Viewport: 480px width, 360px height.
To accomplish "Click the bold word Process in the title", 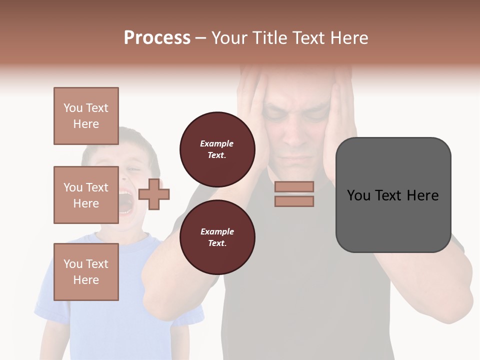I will [157, 37].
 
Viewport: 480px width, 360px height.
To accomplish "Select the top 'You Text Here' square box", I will [86, 116].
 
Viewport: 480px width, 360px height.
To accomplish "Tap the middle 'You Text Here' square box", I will [86, 195].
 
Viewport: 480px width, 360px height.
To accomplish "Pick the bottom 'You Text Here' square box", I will [86, 272].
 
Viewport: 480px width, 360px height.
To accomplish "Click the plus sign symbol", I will [154, 194].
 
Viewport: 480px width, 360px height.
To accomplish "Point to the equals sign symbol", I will [294, 194].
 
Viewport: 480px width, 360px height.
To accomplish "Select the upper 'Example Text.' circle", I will [217, 149].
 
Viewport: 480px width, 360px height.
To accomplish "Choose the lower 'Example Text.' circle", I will [217, 237].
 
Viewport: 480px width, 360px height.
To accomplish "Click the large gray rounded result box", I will [393, 195].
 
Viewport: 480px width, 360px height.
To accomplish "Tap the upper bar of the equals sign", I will [294, 186].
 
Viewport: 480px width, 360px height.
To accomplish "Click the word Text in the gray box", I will [392, 195].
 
